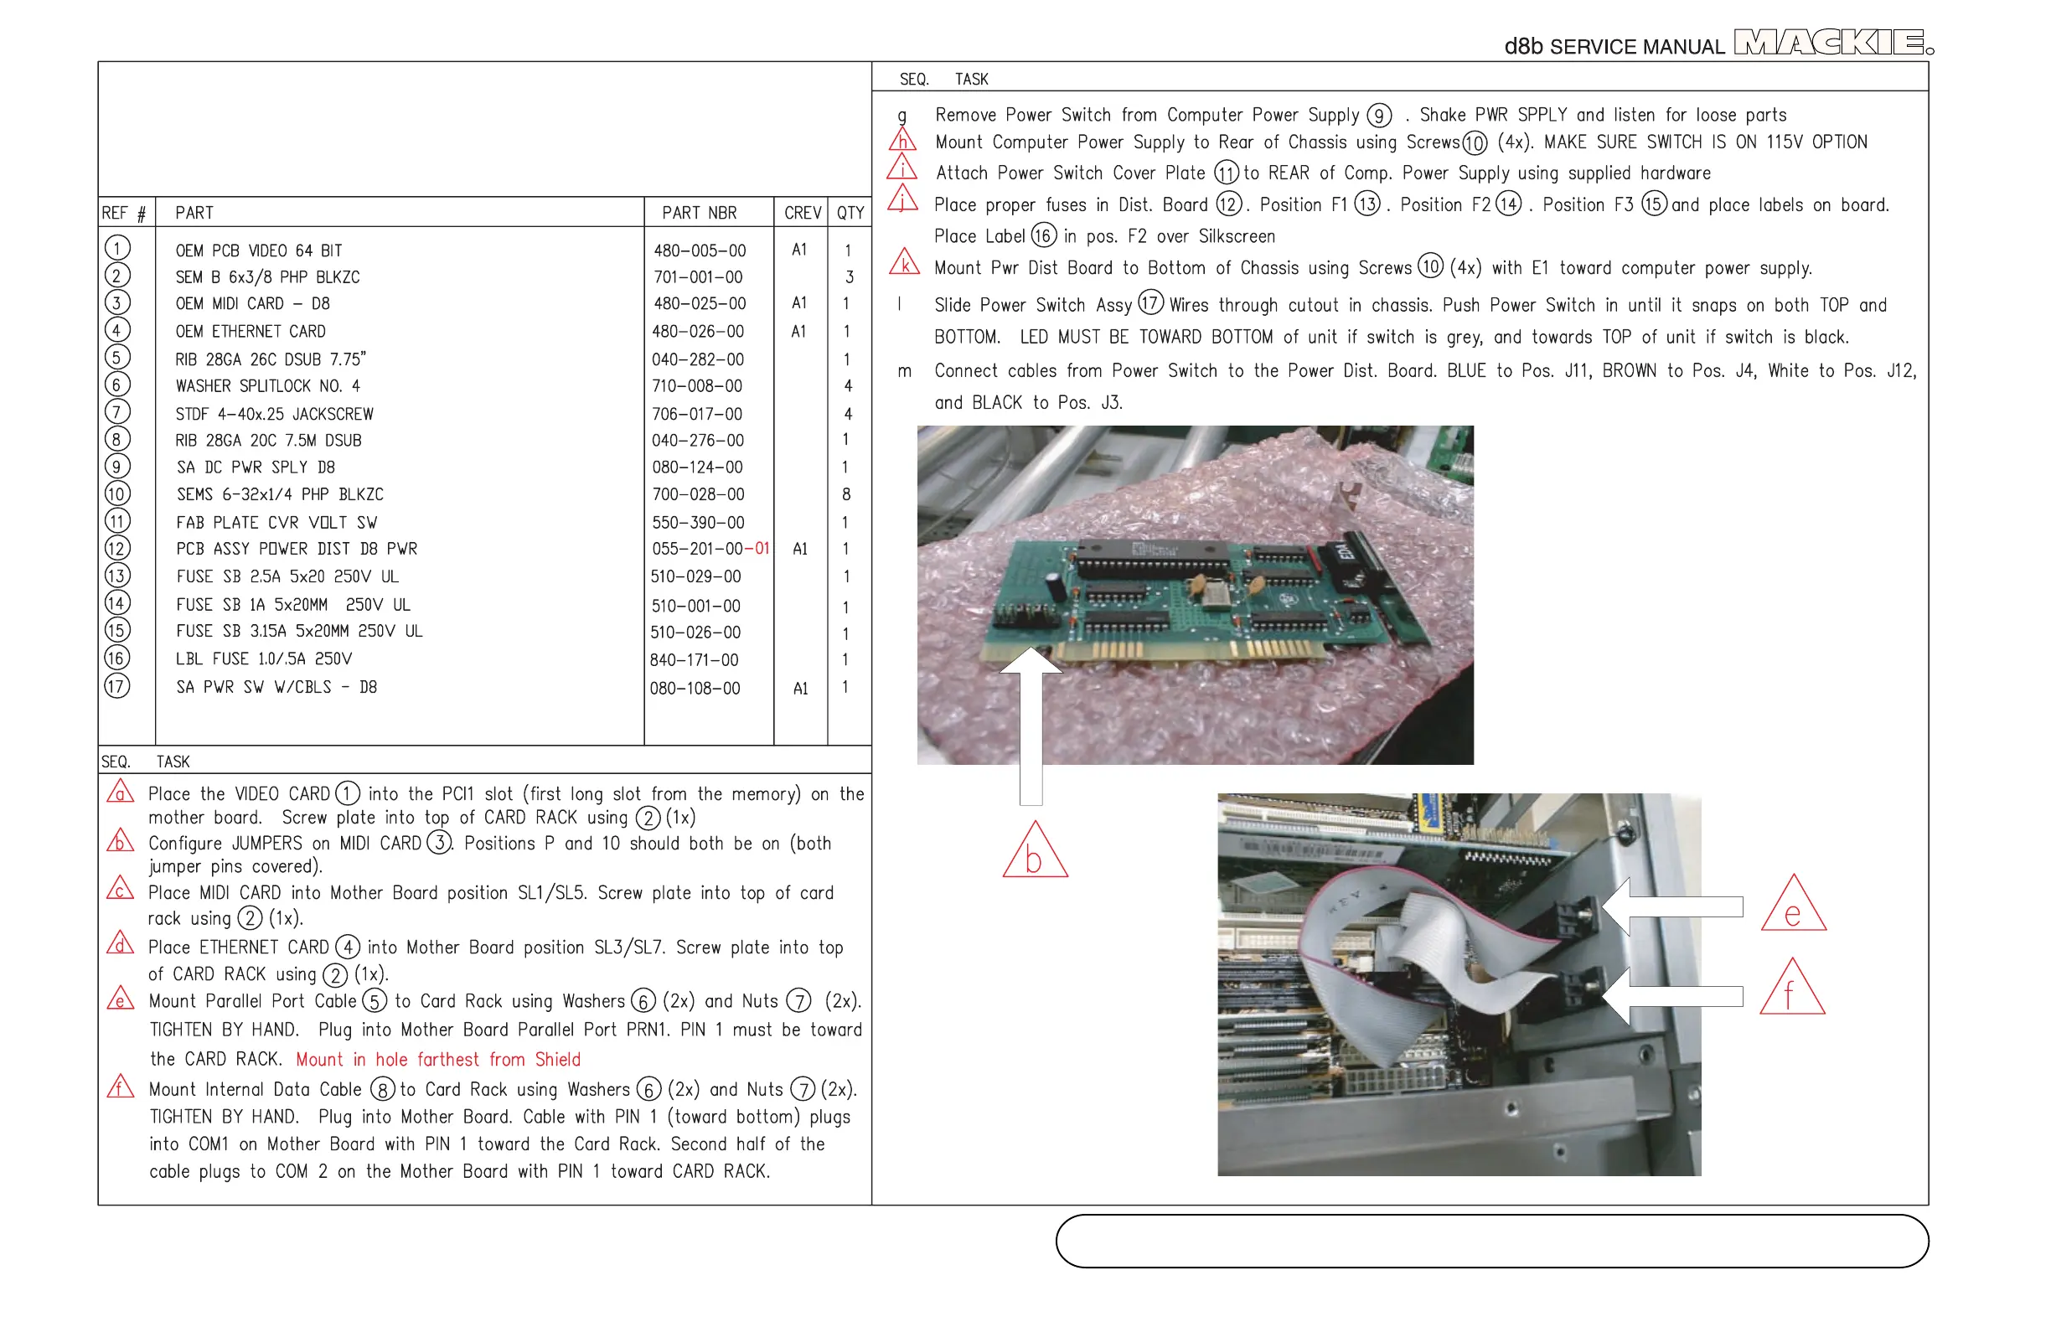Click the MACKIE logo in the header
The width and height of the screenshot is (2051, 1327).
coord(1832,42)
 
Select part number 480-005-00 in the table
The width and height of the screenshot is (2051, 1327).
coord(699,250)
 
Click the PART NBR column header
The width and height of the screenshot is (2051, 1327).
coord(699,213)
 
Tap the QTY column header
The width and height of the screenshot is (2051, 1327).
coord(850,213)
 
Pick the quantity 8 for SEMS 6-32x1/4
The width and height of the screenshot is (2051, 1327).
coord(846,494)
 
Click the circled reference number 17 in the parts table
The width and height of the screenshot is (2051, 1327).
coord(117,687)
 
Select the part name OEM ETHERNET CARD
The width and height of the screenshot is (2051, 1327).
coord(251,332)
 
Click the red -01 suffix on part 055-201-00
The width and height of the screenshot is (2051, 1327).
coord(757,549)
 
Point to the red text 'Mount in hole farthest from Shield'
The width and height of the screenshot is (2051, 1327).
coord(438,1060)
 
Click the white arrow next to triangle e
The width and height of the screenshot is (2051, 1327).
coord(1671,906)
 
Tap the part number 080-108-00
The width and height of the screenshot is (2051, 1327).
coord(695,689)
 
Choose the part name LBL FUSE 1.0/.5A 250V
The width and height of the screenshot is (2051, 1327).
coord(264,659)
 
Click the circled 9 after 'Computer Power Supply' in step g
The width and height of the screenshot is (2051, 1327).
coord(1379,116)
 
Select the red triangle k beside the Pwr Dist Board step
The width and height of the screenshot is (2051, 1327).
coord(904,264)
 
